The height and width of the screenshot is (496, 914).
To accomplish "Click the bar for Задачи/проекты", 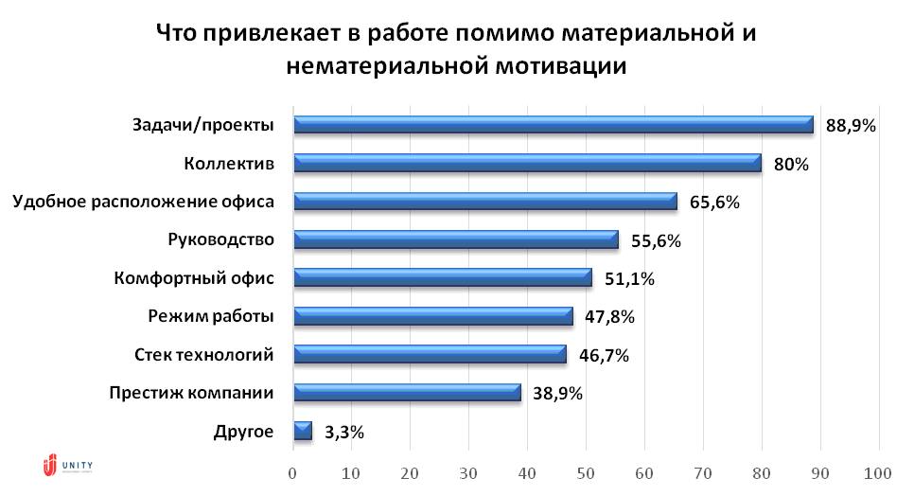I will (x=554, y=125).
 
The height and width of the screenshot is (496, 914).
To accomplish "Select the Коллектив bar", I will (x=527, y=163).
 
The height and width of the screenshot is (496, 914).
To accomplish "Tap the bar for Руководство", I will (x=455, y=239).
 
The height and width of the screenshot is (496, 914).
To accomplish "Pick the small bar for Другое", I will (x=303, y=431).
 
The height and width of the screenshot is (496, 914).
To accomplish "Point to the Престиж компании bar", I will (x=407, y=392).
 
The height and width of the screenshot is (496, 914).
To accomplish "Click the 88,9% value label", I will (x=851, y=125).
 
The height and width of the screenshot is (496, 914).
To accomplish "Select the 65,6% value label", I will (x=713, y=202).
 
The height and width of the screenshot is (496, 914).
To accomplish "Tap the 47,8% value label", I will (x=608, y=316).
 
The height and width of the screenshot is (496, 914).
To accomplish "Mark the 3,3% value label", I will (x=343, y=432).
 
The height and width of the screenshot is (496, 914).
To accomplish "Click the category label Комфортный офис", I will (x=193, y=278).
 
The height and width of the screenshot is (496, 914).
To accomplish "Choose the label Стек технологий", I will (x=204, y=355).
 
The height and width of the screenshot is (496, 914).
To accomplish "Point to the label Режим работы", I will (x=211, y=316).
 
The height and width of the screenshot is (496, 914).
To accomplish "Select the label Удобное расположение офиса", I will (x=143, y=202).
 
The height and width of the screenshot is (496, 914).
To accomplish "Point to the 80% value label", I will (x=790, y=164).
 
